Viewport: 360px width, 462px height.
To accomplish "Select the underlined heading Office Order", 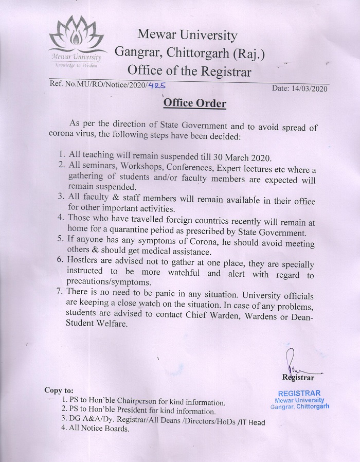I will (x=195, y=103).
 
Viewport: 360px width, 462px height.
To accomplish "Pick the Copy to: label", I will (x=59, y=390).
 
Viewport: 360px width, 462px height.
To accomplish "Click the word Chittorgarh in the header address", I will (x=190, y=53).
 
